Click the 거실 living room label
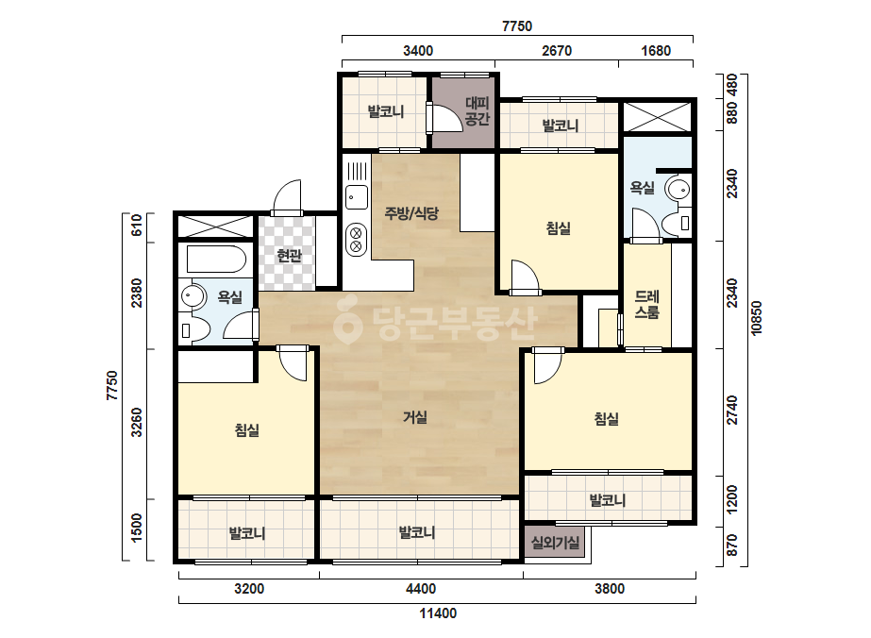415,417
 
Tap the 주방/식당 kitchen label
411,212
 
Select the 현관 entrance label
289,256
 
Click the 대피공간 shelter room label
477,110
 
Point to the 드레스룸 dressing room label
646,305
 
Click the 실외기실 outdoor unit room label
555,543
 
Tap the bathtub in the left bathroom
216,259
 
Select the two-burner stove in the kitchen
356,239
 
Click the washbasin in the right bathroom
678,189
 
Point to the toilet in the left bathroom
193,330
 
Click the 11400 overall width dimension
438,613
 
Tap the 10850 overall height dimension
756,318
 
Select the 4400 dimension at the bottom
421,589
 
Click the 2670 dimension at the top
557,51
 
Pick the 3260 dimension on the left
137,423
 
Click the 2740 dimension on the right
732,411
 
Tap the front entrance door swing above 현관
287,198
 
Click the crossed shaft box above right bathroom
657,117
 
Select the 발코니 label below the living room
416,532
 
